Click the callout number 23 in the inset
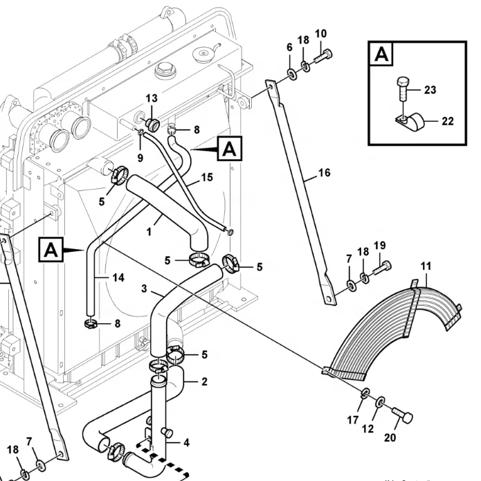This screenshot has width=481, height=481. [x=430, y=89]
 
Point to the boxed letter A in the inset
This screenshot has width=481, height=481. [x=382, y=55]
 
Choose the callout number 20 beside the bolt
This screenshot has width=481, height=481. [x=390, y=437]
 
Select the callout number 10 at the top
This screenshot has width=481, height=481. [x=321, y=33]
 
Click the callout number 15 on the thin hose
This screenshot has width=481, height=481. [x=207, y=178]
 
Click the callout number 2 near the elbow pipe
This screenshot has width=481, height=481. [x=204, y=381]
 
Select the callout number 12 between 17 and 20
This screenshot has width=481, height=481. [x=367, y=429]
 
